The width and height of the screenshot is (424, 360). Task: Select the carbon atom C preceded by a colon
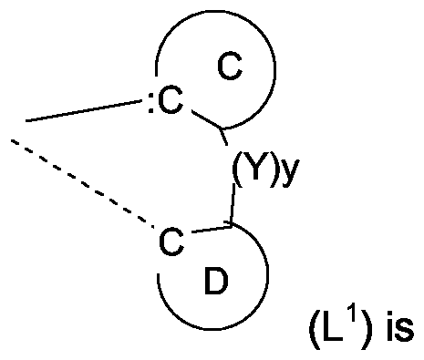tap(171, 105)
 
